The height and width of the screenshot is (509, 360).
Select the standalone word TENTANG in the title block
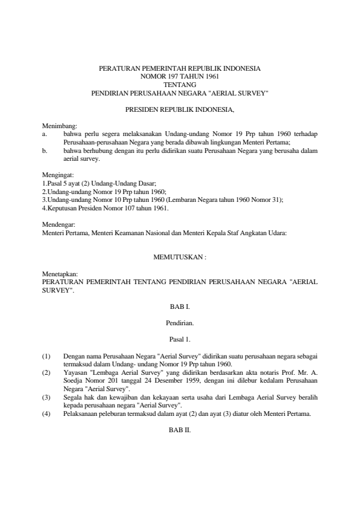click(x=180, y=85)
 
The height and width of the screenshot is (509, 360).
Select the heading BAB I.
click(x=180, y=308)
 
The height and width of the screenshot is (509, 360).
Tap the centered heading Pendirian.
click(x=180, y=323)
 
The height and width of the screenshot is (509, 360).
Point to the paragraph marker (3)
click(x=46, y=397)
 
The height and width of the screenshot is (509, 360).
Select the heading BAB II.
click(x=180, y=430)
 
